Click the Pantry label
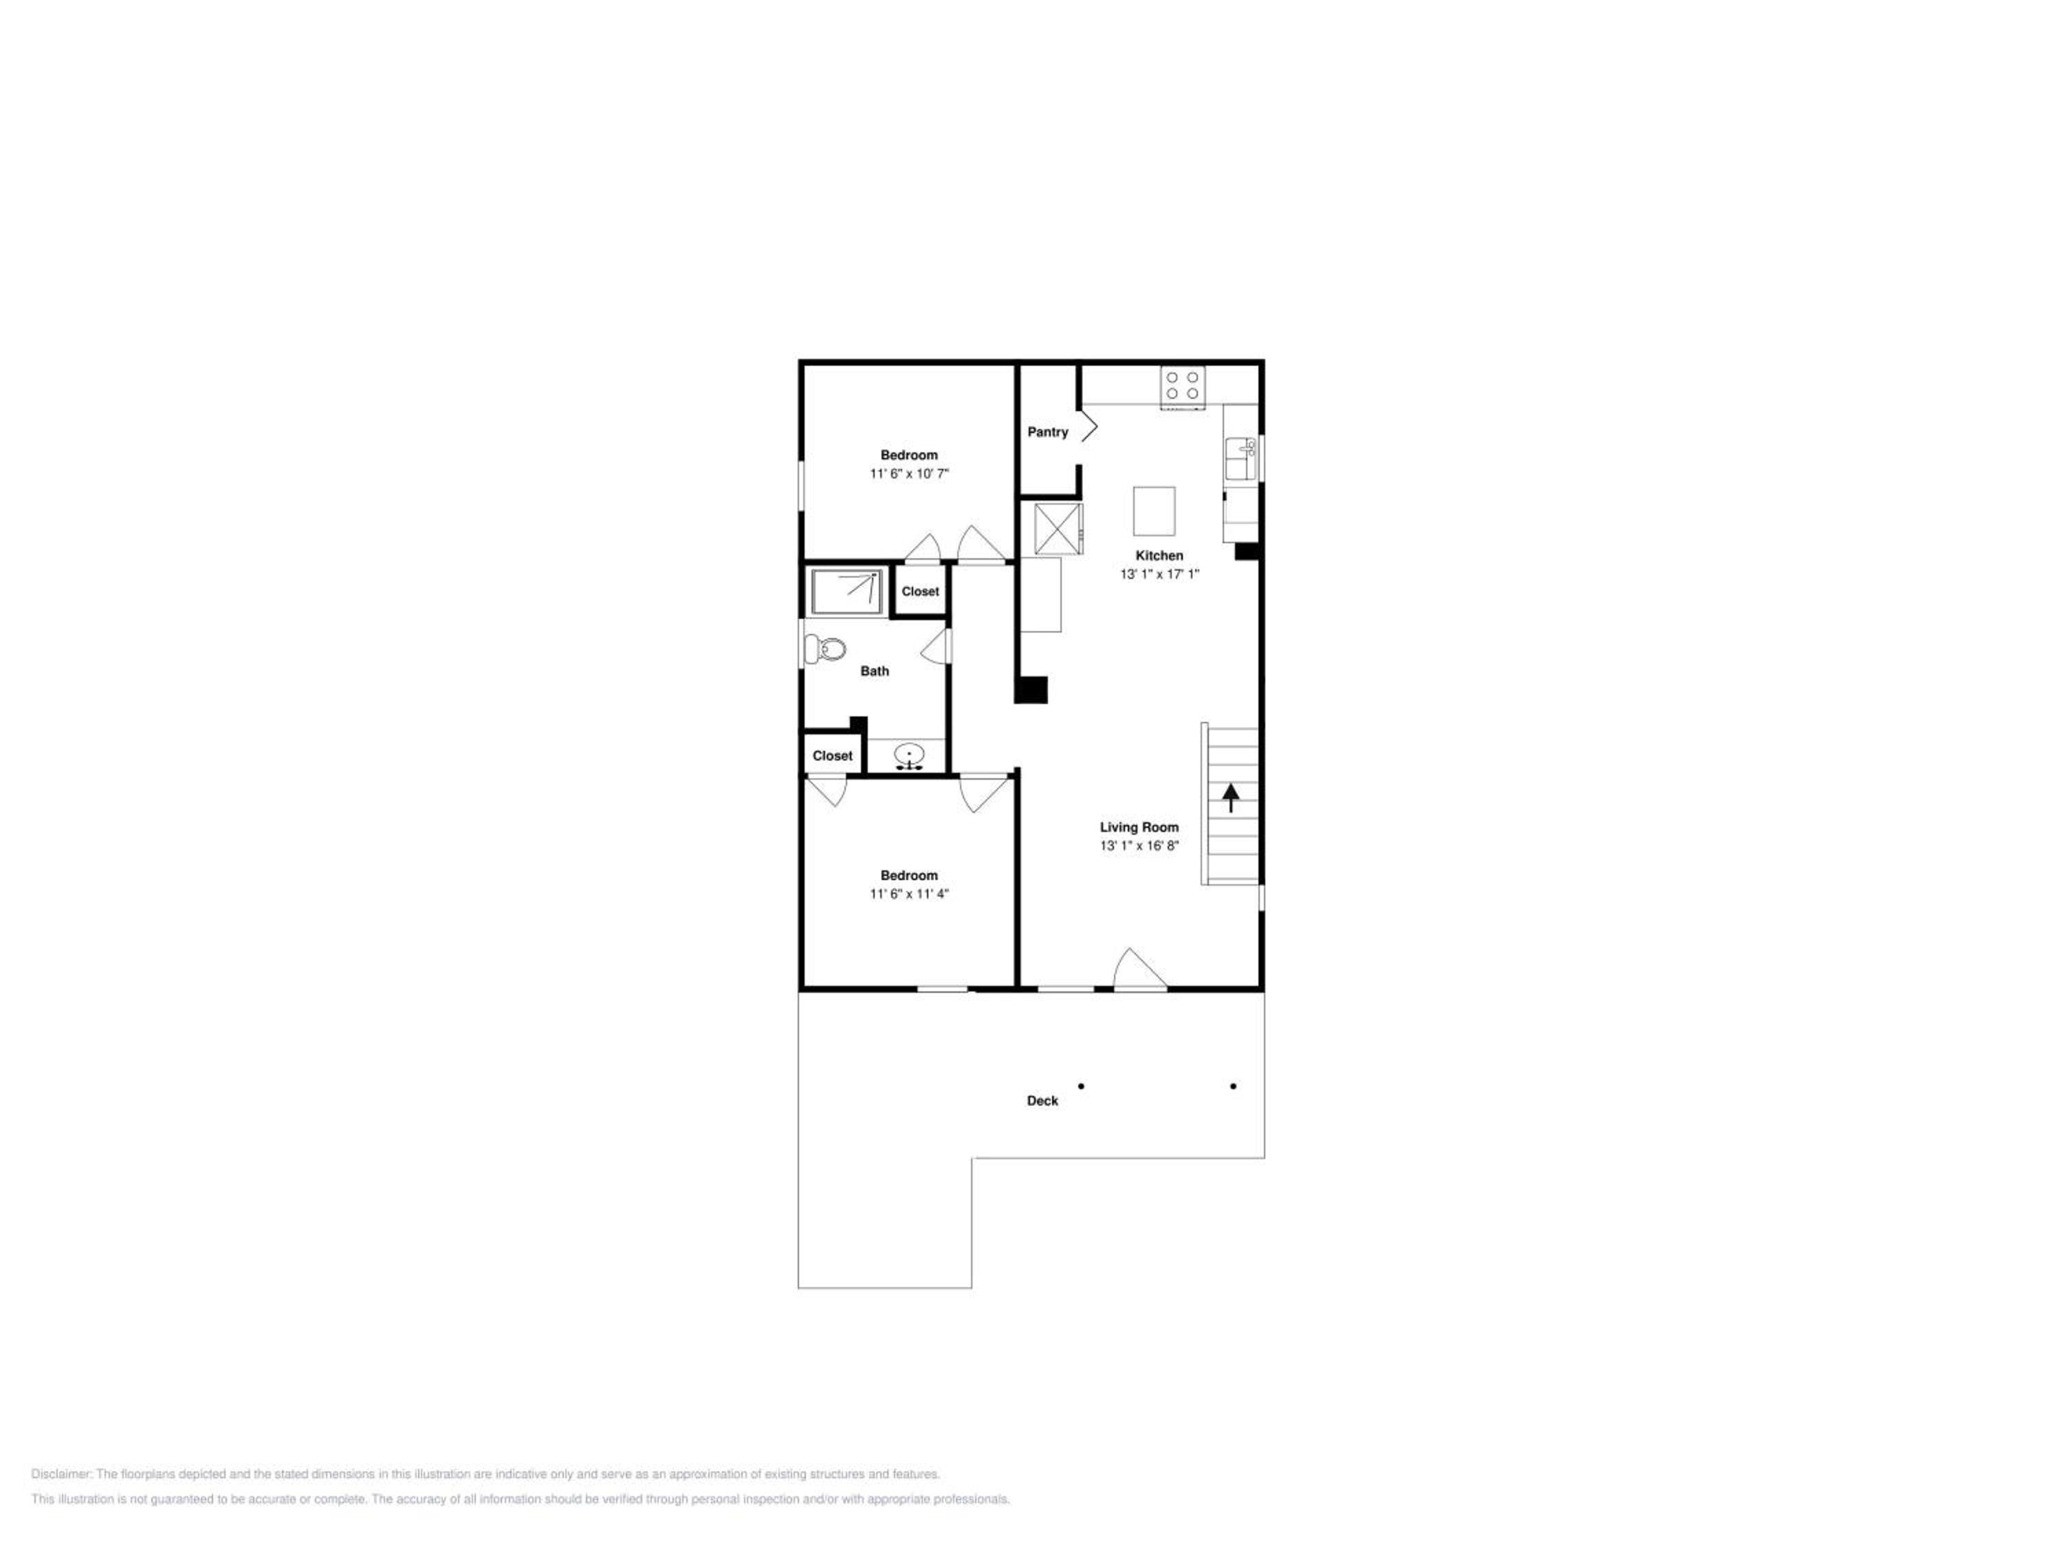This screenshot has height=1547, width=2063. pyautogui.click(x=1047, y=432)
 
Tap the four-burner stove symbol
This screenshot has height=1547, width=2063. pyautogui.click(x=1181, y=387)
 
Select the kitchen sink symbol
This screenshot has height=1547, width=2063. pyautogui.click(x=1241, y=459)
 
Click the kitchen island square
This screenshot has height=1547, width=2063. pyautogui.click(x=1154, y=511)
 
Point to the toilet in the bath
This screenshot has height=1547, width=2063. pyautogui.click(x=825, y=648)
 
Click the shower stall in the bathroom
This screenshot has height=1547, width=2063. pyautogui.click(x=846, y=591)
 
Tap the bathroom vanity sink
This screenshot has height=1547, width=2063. pyautogui.click(x=909, y=756)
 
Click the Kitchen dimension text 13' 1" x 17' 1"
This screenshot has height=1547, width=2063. pyautogui.click(x=1159, y=574)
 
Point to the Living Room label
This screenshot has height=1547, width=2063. pyautogui.click(x=1139, y=827)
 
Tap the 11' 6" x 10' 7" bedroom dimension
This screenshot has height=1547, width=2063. pyautogui.click(x=909, y=474)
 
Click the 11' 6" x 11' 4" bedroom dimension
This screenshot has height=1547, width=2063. pyautogui.click(x=909, y=893)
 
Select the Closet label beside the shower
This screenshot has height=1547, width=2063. pyautogui.click(x=921, y=591)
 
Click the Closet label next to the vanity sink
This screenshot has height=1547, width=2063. pyautogui.click(x=832, y=756)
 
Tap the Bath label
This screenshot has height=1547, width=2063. pyautogui.click(x=875, y=670)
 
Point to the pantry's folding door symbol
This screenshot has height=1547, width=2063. pyautogui.click(x=1089, y=431)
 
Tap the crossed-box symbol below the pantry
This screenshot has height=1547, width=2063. pyautogui.click(x=1058, y=529)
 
